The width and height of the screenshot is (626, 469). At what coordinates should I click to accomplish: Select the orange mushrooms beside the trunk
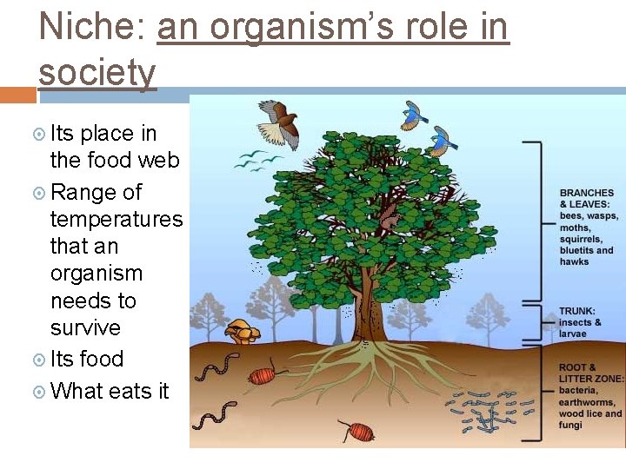(x=242, y=331)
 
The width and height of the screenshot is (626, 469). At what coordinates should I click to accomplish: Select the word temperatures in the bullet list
(x=117, y=218)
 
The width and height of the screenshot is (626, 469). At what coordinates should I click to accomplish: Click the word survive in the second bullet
(x=85, y=327)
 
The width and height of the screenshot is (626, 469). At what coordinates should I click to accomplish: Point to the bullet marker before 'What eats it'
(x=40, y=392)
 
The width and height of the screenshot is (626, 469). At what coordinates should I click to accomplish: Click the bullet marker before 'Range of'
(x=40, y=192)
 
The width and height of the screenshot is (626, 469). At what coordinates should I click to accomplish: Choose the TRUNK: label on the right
(x=577, y=310)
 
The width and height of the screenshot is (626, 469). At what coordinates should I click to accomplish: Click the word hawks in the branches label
(x=575, y=261)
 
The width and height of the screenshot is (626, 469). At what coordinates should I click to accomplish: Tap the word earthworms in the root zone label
(x=589, y=402)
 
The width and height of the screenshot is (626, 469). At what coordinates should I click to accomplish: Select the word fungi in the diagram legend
(x=572, y=425)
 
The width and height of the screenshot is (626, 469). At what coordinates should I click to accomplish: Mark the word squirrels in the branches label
(x=582, y=239)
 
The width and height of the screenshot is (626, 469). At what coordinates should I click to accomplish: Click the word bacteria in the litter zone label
(x=579, y=391)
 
